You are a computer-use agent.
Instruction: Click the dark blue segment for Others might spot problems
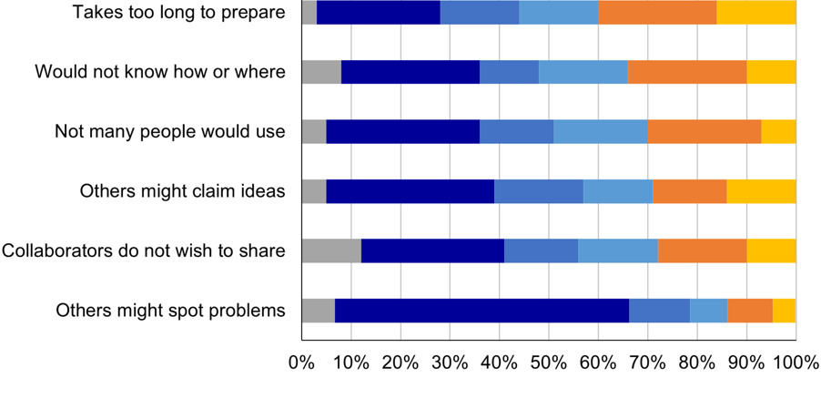click(481, 311)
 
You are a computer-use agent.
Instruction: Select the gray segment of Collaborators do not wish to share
click(331, 250)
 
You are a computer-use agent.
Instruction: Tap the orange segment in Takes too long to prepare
click(657, 13)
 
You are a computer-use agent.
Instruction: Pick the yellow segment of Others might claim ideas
click(761, 191)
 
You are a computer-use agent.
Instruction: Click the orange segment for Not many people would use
click(704, 131)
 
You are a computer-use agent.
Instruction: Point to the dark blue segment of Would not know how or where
click(410, 72)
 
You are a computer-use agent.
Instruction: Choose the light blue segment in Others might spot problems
click(708, 311)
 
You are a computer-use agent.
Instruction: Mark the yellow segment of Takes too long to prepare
click(755, 13)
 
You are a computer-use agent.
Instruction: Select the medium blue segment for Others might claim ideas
click(539, 191)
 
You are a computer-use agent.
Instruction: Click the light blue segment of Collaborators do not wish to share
click(618, 250)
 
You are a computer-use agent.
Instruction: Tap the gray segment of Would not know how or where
click(321, 72)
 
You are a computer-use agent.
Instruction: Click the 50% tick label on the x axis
click(549, 362)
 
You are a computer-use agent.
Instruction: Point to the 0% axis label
click(301, 362)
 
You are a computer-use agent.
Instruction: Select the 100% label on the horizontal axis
click(796, 362)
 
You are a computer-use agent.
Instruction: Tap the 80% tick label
click(697, 362)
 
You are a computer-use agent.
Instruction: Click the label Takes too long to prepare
click(178, 14)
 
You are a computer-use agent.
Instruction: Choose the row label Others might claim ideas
click(182, 191)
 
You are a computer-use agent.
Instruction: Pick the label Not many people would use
click(170, 131)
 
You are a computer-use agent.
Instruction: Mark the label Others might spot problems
click(170, 311)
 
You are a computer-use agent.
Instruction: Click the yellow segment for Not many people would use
click(778, 131)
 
